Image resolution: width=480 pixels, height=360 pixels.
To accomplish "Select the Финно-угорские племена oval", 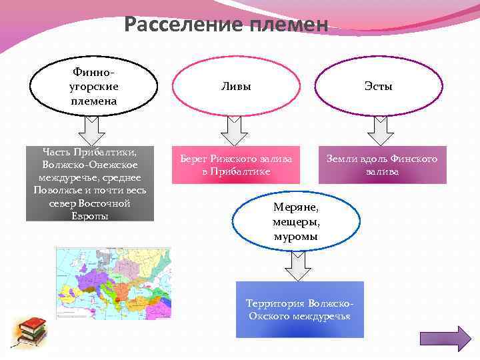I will click(x=93, y=86).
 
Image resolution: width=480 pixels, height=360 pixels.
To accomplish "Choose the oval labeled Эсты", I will click(x=379, y=87).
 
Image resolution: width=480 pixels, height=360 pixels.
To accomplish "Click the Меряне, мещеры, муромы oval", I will click(x=296, y=221).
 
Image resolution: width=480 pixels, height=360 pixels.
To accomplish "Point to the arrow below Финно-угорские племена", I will click(x=92, y=130).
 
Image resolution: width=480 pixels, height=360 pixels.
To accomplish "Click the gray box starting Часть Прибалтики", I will click(x=90, y=183).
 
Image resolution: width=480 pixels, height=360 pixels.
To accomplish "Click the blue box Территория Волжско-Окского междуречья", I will click(x=300, y=309).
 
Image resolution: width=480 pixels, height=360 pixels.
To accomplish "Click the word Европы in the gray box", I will click(x=90, y=215).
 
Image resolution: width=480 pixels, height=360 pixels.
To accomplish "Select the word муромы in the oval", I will click(x=296, y=237).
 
